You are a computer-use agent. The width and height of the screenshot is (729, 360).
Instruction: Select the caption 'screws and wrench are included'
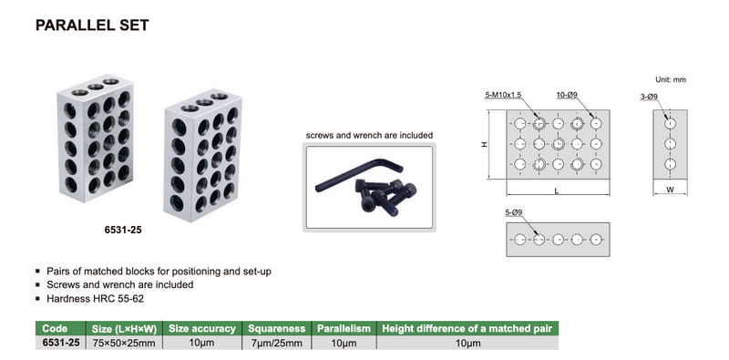click(x=368, y=136)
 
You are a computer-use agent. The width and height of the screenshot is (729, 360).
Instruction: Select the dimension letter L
click(x=555, y=190)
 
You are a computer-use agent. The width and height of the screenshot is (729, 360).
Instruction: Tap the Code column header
click(x=56, y=328)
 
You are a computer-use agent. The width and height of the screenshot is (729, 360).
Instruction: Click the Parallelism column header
click(x=344, y=328)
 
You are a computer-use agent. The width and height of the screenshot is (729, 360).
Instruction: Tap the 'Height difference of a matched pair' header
click(x=467, y=328)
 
